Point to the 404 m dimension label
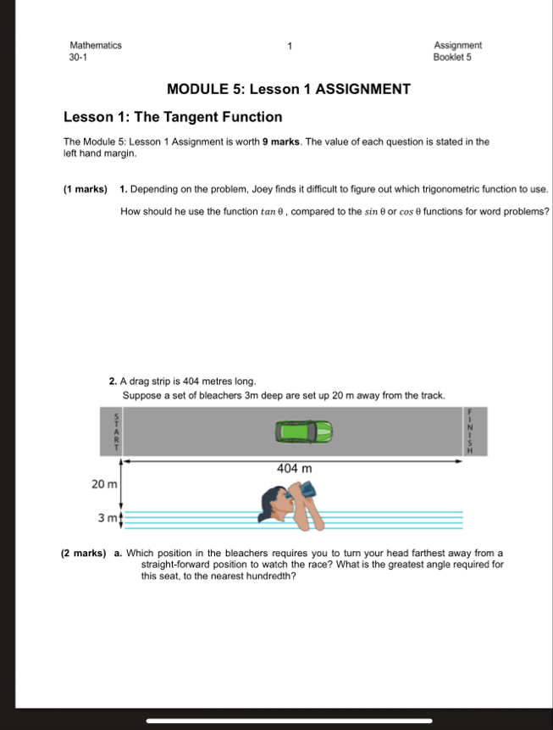tap(294, 468)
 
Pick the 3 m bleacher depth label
tap(108, 517)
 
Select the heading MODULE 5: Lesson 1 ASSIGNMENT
tap(289, 89)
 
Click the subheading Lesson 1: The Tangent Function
tap(174, 117)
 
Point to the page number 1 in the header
tap(289, 46)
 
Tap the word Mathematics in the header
tap(96, 46)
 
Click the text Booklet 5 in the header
tap(452, 58)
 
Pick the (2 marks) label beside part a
tap(84, 554)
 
